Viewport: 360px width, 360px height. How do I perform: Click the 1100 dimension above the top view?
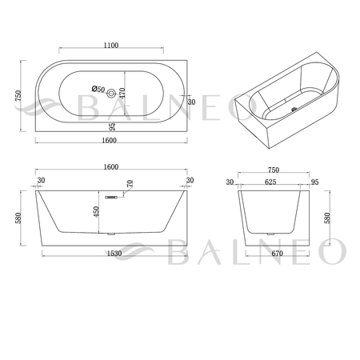(111, 46)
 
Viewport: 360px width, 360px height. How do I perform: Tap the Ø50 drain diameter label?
(98, 89)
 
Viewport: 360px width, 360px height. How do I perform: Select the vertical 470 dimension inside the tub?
(122, 93)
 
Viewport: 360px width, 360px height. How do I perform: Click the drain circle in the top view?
(111, 94)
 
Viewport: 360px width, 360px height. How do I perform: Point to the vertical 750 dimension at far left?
(18, 96)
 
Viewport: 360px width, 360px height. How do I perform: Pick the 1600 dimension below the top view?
(110, 140)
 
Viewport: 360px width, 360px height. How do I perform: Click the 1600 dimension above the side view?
(111, 167)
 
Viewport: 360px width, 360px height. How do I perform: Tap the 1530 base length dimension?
(114, 254)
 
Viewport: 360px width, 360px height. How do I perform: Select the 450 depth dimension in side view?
(96, 212)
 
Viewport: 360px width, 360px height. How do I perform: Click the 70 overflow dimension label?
(130, 183)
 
